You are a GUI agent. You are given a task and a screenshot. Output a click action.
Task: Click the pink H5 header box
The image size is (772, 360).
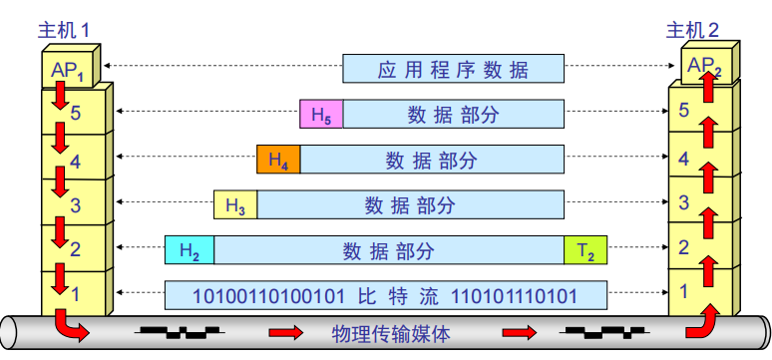321,115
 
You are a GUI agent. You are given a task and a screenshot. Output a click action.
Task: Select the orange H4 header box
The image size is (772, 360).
278,160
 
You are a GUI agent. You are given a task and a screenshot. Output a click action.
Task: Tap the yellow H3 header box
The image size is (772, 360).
235,205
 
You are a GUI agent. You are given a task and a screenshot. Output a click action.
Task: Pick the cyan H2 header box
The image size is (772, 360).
189,250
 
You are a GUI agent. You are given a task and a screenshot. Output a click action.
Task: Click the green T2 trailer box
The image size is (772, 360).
585,250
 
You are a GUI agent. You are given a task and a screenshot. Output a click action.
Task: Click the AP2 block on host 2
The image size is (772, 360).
703,67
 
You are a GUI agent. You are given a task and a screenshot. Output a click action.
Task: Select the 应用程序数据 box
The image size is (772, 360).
453,69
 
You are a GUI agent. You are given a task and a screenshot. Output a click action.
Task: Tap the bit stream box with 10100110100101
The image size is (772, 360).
385,295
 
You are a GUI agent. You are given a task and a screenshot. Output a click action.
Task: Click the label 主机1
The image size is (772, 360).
64,29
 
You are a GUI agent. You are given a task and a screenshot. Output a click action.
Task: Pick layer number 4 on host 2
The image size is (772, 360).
683,159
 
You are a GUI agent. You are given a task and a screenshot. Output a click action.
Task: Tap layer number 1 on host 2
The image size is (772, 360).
683,291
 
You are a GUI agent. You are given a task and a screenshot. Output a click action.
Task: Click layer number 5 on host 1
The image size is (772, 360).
75,113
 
